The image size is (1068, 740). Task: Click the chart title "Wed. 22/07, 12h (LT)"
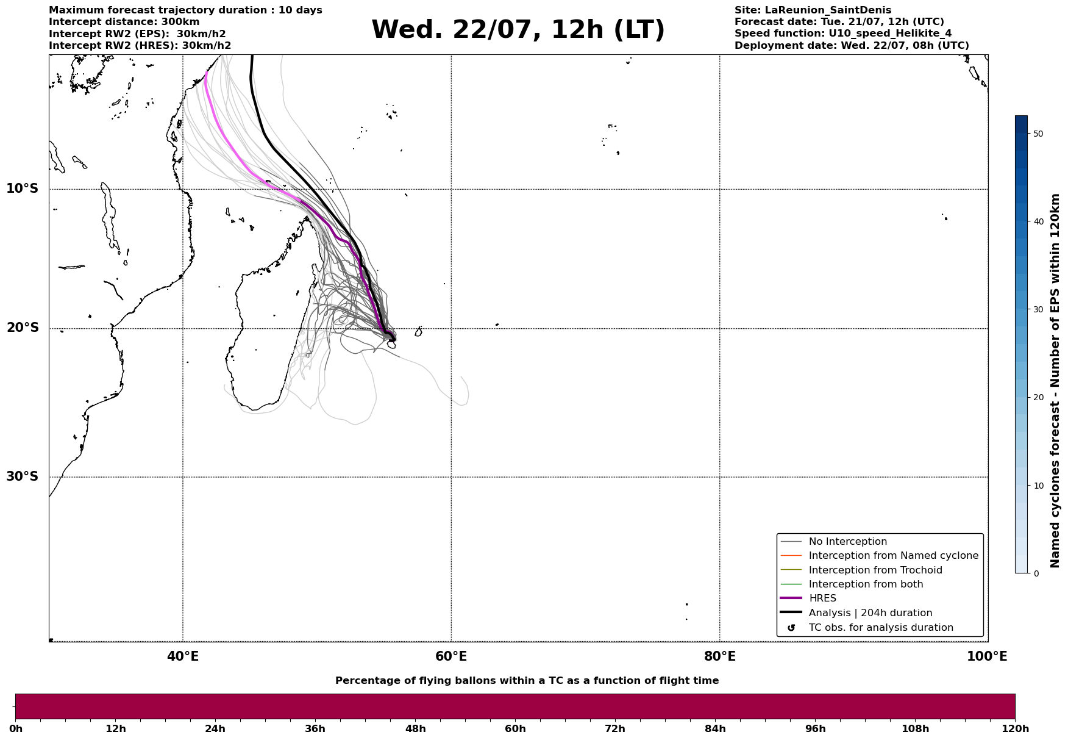(518, 30)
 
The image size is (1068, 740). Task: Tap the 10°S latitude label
(23, 189)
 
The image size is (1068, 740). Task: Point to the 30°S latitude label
(23, 476)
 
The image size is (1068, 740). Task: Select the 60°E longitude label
(451, 656)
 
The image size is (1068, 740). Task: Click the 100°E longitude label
(987, 656)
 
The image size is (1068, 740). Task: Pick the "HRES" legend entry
(822, 598)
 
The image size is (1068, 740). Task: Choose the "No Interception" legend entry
(848, 542)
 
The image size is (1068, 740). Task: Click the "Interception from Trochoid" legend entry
(875, 570)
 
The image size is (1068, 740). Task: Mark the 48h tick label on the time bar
(415, 728)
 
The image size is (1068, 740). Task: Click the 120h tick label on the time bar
(1015, 728)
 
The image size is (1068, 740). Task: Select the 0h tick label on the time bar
(16, 728)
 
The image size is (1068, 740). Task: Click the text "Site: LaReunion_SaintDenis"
(813, 10)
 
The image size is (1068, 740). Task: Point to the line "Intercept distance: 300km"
(124, 22)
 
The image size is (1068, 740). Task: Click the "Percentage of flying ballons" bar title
(527, 681)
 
